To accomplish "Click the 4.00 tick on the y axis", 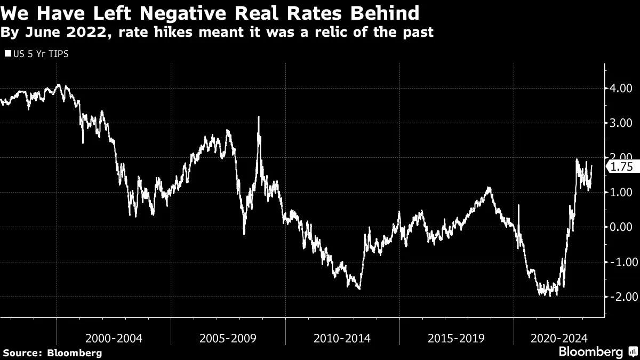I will pyautogui.click(x=621, y=88).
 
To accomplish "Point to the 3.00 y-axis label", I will pyautogui.click(x=621, y=123).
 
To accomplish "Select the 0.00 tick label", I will pyautogui.click(x=621, y=227).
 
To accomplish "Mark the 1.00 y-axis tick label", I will pyautogui.click(x=621, y=193).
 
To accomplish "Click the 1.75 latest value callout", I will pyautogui.click(x=621, y=167).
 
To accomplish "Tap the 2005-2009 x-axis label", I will pyautogui.click(x=228, y=338).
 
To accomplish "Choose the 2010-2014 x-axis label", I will pyautogui.click(x=342, y=338).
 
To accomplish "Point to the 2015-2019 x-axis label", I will pyautogui.click(x=457, y=338).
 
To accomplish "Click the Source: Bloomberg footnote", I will pyautogui.click(x=52, y=353).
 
